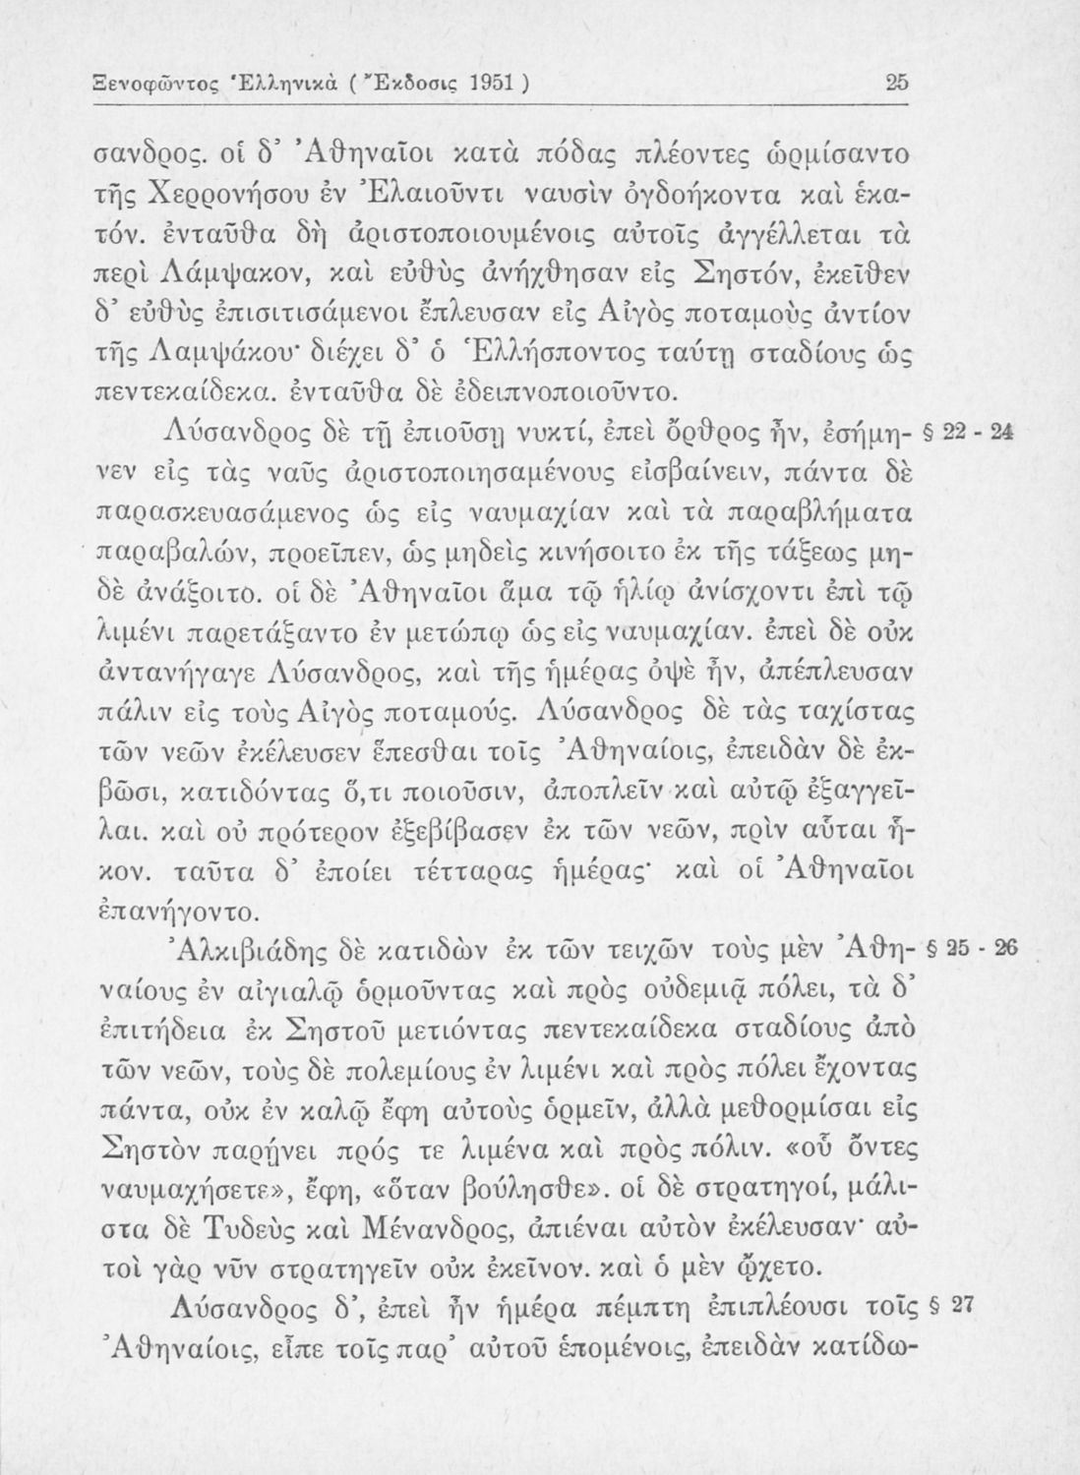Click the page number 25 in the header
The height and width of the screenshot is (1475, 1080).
click(x=896, y=85)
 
